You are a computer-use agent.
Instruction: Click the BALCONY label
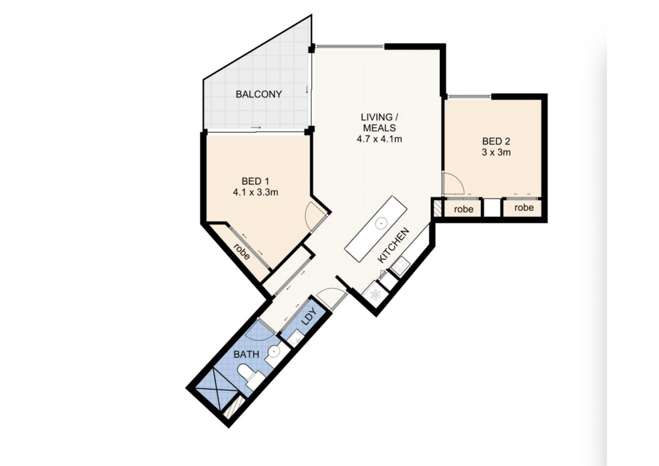pos(259,94)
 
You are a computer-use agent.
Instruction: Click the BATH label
pos(246,354)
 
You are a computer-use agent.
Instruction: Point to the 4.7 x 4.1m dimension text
pos(379,139)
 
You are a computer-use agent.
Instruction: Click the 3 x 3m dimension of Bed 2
pos(496,152)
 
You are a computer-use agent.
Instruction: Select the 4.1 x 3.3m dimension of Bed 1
pos(255,192)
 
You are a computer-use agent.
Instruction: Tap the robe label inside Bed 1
pos(241,252)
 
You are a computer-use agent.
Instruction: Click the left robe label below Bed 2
pos(463,209)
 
